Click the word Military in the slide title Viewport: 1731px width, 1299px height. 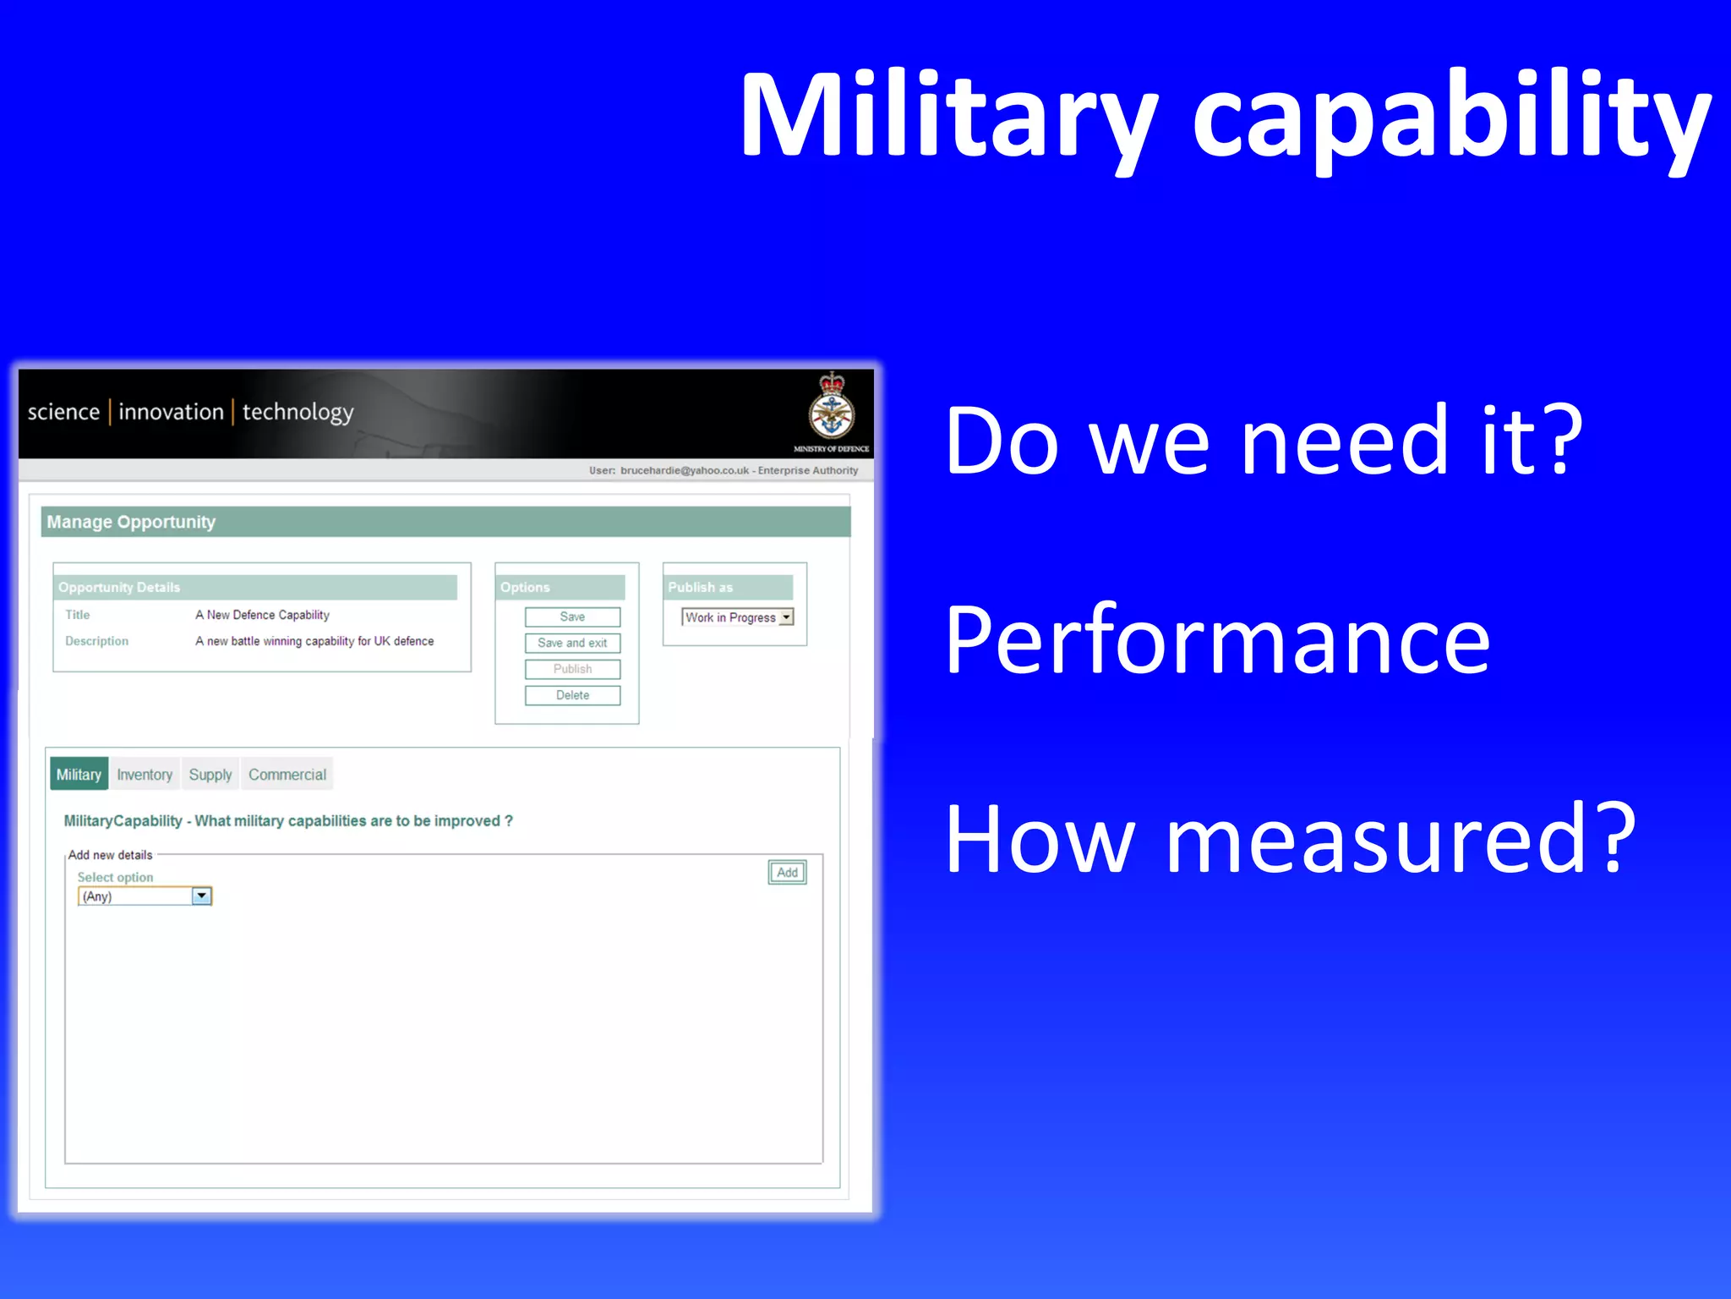click(x=947, y=116)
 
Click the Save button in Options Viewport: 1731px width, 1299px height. click(x=572, y=617)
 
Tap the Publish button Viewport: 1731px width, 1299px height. click(x=572, y=669)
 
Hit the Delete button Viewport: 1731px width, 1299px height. click(x=572, y=695)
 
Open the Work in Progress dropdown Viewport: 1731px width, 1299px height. click(x=786, y=617)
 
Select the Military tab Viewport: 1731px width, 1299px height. click(x=79, y=775)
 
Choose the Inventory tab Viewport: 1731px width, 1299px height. click(x=145, y=775)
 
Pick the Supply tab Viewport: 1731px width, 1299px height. click(x=210, y=775)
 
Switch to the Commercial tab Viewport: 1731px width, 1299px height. click(x=287, y=775)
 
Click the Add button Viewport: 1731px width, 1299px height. click(x=787, y=872)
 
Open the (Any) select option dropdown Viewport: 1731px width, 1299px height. click(x=201, y=896)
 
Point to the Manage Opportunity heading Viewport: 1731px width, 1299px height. click(x=131, y=522)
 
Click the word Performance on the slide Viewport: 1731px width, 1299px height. click(x=1217, y=640)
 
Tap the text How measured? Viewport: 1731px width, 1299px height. click(x=1290, y=839)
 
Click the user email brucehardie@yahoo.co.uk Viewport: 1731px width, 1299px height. click(x=684, y=470)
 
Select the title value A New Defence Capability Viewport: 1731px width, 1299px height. click(x=262, y=615)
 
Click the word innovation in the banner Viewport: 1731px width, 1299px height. click(x=171, y=412)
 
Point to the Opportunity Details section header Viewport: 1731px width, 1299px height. click(x=119, y=587)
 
